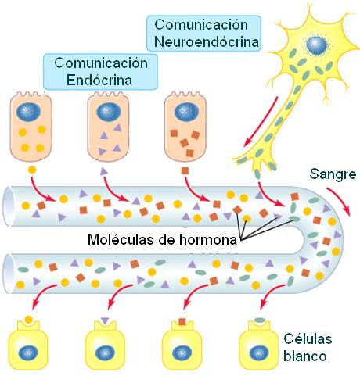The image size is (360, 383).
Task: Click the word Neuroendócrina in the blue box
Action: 207,41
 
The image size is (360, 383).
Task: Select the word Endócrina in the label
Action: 99,80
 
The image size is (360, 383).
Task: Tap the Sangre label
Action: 333,174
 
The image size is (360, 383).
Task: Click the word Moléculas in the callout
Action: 121,239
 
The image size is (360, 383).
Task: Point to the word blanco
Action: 305,356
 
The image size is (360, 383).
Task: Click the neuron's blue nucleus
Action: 317,45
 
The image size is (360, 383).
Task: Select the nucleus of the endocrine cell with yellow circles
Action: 28,112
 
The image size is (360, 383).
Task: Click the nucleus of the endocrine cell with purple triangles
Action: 109,112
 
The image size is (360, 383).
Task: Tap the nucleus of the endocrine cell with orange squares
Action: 186,112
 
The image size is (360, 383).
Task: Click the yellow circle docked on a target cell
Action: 28,320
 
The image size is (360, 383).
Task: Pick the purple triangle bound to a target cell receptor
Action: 105,320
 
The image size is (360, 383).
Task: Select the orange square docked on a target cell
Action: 182,322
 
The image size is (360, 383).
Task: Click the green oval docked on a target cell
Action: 260,320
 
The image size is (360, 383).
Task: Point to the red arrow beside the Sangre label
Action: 340,199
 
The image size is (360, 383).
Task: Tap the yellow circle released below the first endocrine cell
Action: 32,170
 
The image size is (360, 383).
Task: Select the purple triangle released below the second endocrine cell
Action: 104,171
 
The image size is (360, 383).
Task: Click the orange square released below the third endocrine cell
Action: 185,171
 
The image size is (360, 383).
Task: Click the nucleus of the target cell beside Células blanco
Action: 259,353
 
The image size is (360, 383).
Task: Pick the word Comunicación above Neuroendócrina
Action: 201,25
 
